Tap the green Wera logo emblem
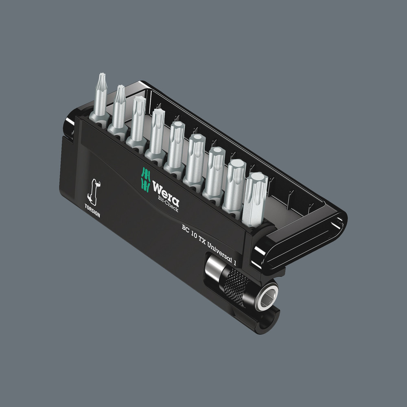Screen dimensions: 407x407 146,178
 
